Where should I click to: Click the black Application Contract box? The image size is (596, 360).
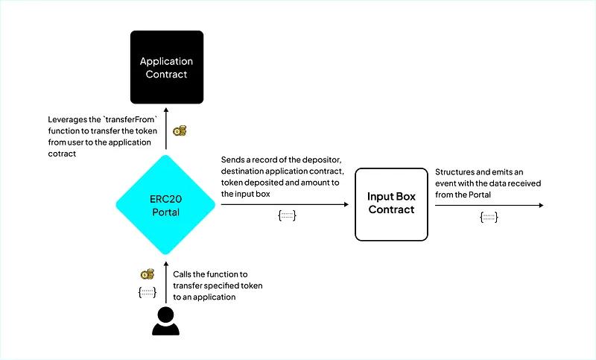[x=166, y=67]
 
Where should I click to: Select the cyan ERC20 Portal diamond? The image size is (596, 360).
[x=166, y=204]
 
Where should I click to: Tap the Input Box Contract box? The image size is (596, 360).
[x=390, y=204]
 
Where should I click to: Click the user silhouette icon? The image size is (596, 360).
[x=166, y=320]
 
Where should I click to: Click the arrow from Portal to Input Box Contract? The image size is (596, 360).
[x=283, y=204]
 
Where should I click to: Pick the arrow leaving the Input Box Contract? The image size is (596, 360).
[x=488, y=204]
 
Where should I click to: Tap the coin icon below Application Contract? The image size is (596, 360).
[x=180, y=131]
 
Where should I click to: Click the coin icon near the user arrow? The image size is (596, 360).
[x=148, y=275]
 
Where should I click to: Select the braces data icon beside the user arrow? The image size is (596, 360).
[x=148, y=292]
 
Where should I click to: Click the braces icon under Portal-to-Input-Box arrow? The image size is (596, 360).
[x=287, y=217]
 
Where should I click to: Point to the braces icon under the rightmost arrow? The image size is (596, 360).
[x=489, y=217]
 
